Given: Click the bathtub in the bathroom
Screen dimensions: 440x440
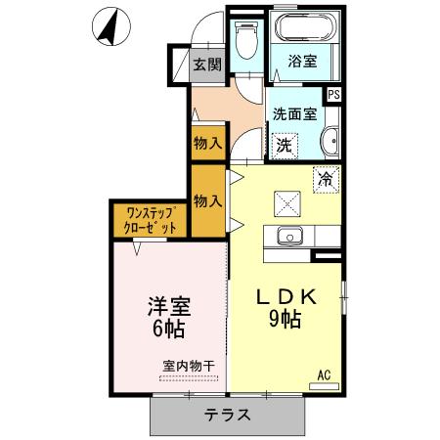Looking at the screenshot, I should (x=301, y=28).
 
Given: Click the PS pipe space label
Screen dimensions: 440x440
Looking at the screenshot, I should (x=333, y=95).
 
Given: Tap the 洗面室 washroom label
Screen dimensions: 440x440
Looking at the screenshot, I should (x=294, y=113).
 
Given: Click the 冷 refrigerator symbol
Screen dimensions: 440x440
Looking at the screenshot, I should (x=326, y=179).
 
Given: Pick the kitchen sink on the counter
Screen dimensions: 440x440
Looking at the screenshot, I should (x=289, y=236).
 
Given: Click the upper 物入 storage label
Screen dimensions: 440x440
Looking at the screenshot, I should (x=207, y=143).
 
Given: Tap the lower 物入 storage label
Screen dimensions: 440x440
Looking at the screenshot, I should (x=207, y=201).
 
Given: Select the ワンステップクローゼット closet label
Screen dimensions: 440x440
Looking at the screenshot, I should (x=151, y=220).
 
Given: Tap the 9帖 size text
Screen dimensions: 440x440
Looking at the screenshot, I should (x=285, y=320).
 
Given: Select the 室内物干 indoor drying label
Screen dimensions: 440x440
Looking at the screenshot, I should (x=189, y=367).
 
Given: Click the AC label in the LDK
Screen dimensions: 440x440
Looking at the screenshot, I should (x=323, y=372).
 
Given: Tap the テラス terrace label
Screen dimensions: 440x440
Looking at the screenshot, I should (x=227, y=414).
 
